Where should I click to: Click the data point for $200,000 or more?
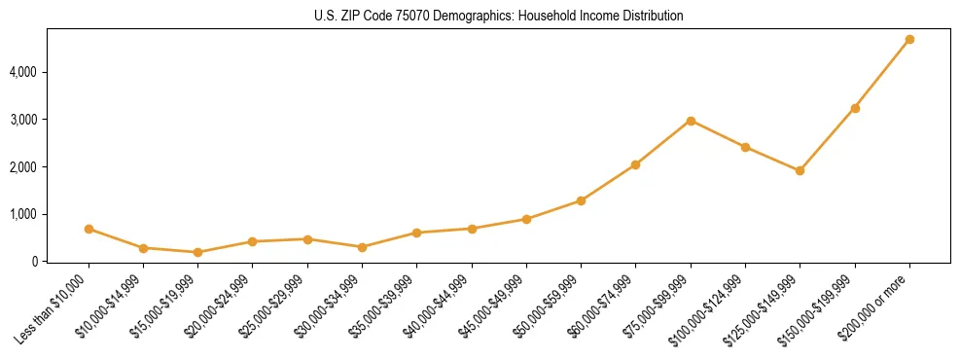(909, 40)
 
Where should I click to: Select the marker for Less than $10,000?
(89, 230)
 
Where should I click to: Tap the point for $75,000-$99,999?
(691, 121)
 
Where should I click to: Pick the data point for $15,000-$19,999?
(198, 252)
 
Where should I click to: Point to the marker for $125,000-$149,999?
(800, 170)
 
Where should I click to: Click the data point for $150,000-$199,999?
(855, 108)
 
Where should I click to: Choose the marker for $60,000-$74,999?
(635, 164)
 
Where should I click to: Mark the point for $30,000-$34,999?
(307, 247)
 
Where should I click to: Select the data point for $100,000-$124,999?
(745, 147)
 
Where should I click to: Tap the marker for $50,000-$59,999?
(581, 200)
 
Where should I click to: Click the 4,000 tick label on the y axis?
(23, 72)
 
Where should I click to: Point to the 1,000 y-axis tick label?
(23, 214)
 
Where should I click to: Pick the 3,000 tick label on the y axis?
(23, 120)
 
